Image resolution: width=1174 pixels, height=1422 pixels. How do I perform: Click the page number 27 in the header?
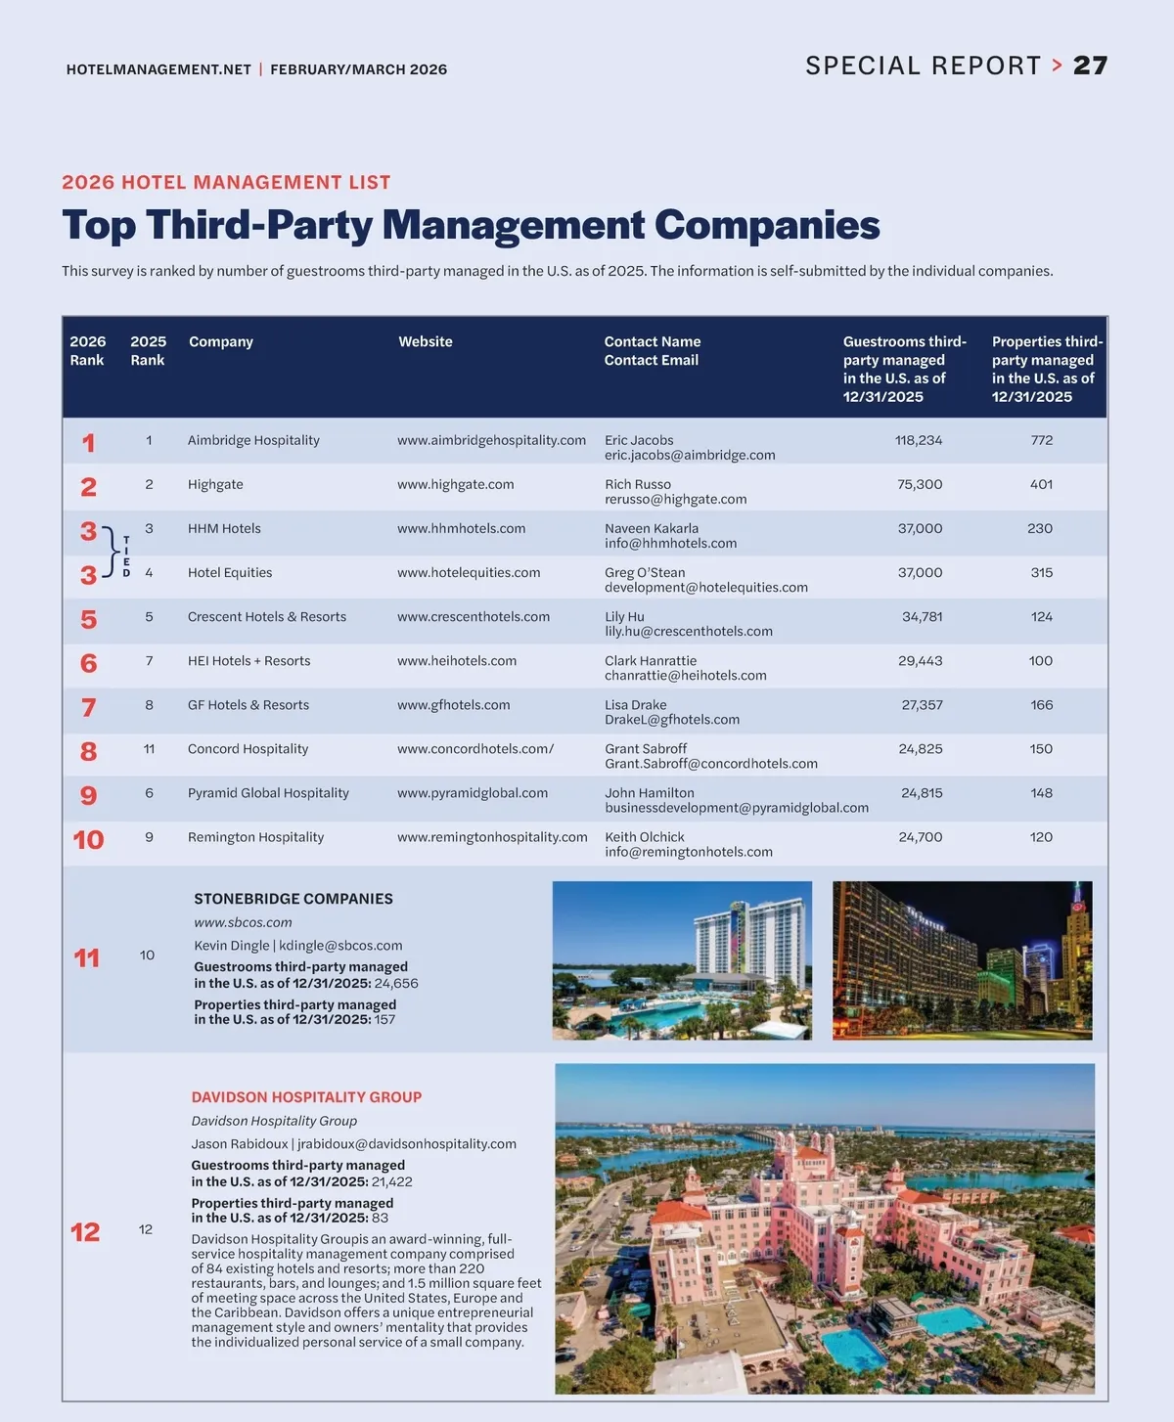coord(1090,66)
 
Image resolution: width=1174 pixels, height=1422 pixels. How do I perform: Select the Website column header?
coord(426,341)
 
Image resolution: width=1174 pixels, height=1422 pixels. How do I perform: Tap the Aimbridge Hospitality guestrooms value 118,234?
coord(919,440)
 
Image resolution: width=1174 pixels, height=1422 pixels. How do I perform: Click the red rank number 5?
coord(88,619)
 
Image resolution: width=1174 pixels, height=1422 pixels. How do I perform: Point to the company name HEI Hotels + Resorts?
coord(248,661)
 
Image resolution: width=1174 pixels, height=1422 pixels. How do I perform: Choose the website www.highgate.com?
coord(455,484)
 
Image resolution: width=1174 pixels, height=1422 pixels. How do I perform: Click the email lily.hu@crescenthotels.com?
coord(689,632)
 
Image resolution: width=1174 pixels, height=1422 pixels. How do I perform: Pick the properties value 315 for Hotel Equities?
coord(1041,572)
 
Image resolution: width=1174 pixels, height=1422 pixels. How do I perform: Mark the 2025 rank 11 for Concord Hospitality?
coord(149,749)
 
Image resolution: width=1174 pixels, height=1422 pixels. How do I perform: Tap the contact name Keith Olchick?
coord(644,837)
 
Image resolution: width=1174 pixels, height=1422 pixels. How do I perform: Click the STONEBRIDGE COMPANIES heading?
coord(293,899)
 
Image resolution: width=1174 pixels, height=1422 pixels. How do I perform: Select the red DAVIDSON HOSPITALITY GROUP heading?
coord(306,1097)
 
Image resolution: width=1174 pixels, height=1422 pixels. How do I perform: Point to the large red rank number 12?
coord(85,1232)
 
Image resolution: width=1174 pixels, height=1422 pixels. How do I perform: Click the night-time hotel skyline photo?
coord(962,960)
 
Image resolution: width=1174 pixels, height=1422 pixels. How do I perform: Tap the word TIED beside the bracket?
coord(126,556)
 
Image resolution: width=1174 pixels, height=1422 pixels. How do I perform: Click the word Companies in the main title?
coord(767,225)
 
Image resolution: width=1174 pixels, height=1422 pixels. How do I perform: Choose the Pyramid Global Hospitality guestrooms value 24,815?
coord(922,793)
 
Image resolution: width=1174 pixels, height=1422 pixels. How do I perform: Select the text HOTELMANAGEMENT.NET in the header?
coord(158,69)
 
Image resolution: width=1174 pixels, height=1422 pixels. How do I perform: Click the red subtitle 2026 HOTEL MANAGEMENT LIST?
coord(226,183)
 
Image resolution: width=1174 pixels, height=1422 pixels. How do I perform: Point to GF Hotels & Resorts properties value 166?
coord(1041,705)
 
